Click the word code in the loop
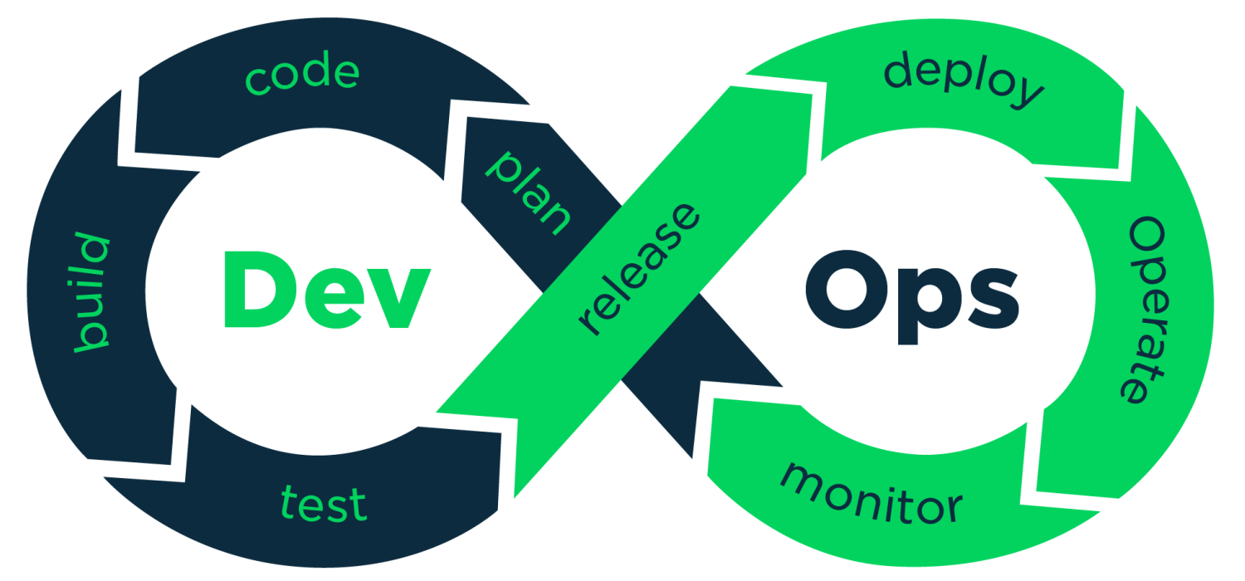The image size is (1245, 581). (303, 75)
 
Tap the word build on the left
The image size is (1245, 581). (91, 292)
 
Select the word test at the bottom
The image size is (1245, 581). (324, 504)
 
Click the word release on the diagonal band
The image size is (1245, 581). (639, 270)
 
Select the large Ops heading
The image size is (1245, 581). (911, 290)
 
